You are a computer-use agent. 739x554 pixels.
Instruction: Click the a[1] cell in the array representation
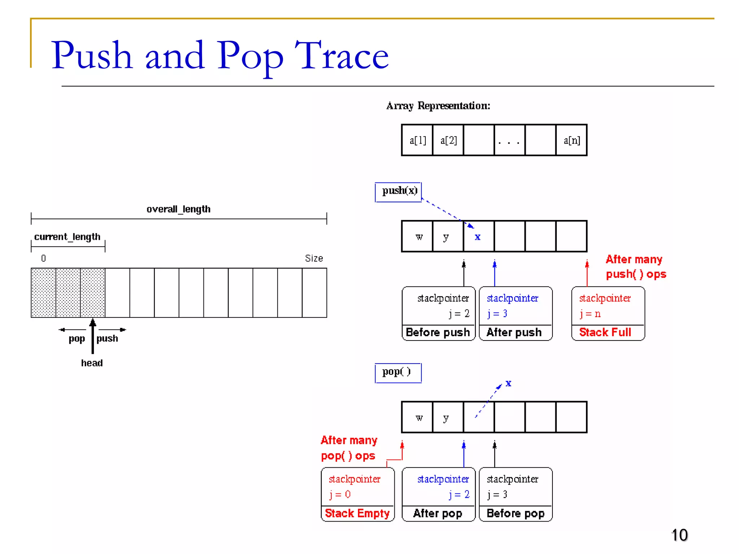tap(417, 140)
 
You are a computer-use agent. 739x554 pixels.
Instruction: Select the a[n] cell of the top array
tap(572, 140)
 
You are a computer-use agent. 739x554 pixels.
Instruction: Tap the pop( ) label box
tap(398, 372)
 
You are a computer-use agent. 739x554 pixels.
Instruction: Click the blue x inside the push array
tap(477, 237)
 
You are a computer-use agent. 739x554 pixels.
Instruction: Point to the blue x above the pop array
tap(508, 383)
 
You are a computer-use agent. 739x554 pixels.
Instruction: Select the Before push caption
tap(438, 332)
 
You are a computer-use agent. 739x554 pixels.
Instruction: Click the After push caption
tap(514, 332)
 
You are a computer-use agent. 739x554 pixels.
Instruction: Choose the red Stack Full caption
tap(605, 332)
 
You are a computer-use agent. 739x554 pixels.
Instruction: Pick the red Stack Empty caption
tap(357, 513)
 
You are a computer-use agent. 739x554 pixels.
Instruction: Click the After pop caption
tap(437, 513)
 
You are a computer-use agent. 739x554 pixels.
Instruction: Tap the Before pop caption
tap(515, 513)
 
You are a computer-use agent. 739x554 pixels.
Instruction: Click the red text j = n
tap(590, 314)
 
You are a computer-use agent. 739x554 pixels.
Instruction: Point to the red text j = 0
tap(340, 494)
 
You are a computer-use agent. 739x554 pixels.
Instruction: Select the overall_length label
tap(178, 209)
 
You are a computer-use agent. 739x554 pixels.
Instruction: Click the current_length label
tap(67, 237)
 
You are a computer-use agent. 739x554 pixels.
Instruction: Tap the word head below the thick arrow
tap(92, 363)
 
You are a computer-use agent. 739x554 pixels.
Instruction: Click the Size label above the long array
tap(314, 258)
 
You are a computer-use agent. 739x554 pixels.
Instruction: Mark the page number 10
tap(679, 535)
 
